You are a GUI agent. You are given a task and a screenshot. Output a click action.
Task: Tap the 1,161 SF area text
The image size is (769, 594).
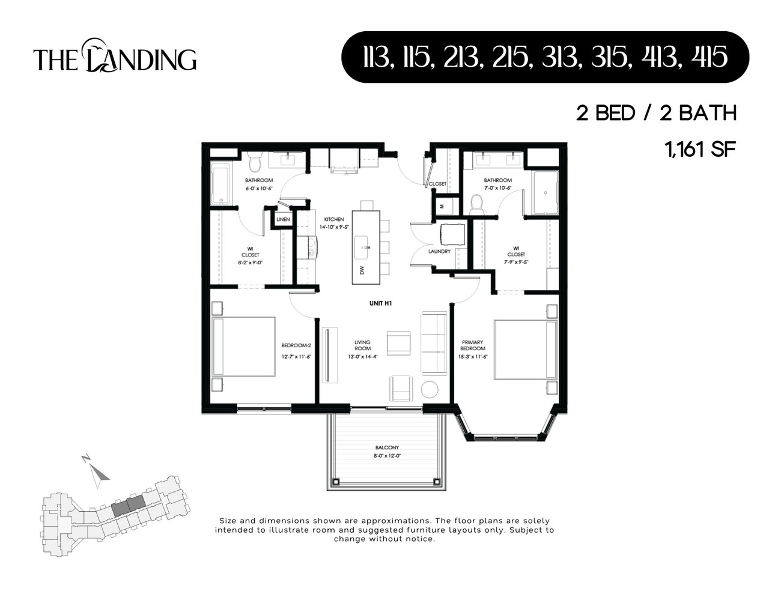pyautogui.click(x=700, y=149)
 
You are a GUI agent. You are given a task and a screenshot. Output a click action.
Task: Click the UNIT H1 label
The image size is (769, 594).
pyautogui.click(x=380, y=304)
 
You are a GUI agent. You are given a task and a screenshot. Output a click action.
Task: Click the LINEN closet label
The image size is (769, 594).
pyautogui.click(x=283, y=219)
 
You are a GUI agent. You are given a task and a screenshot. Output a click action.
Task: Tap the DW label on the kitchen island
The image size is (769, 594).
pyautogui.click(x=362, y=271)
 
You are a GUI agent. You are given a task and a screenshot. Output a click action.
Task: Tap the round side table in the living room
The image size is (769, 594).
pyautogui.click(x=430, y=390)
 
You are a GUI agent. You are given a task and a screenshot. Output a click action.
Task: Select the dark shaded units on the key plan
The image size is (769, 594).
pyautogui.click(x=129, y=505)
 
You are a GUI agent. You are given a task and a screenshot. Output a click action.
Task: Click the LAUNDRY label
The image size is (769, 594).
pyautogui.click(x=439, y=252)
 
